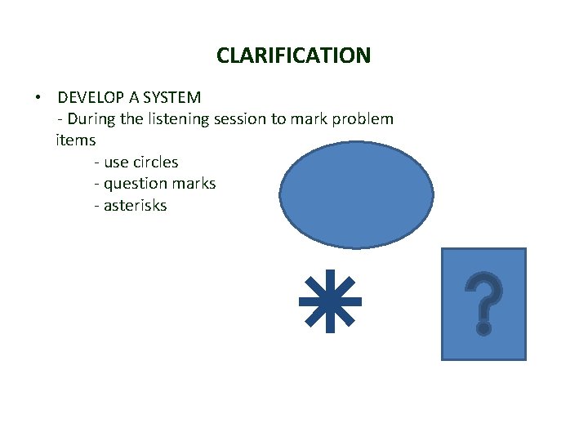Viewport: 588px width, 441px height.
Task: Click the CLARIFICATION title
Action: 293,56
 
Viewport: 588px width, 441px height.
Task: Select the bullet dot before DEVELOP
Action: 38,98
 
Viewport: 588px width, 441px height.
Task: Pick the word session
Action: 240,119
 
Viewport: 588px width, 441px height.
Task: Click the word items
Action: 75,140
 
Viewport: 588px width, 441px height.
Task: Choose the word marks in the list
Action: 194,184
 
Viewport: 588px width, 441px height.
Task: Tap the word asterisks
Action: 136,206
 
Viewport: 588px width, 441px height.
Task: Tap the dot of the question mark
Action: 483,328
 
